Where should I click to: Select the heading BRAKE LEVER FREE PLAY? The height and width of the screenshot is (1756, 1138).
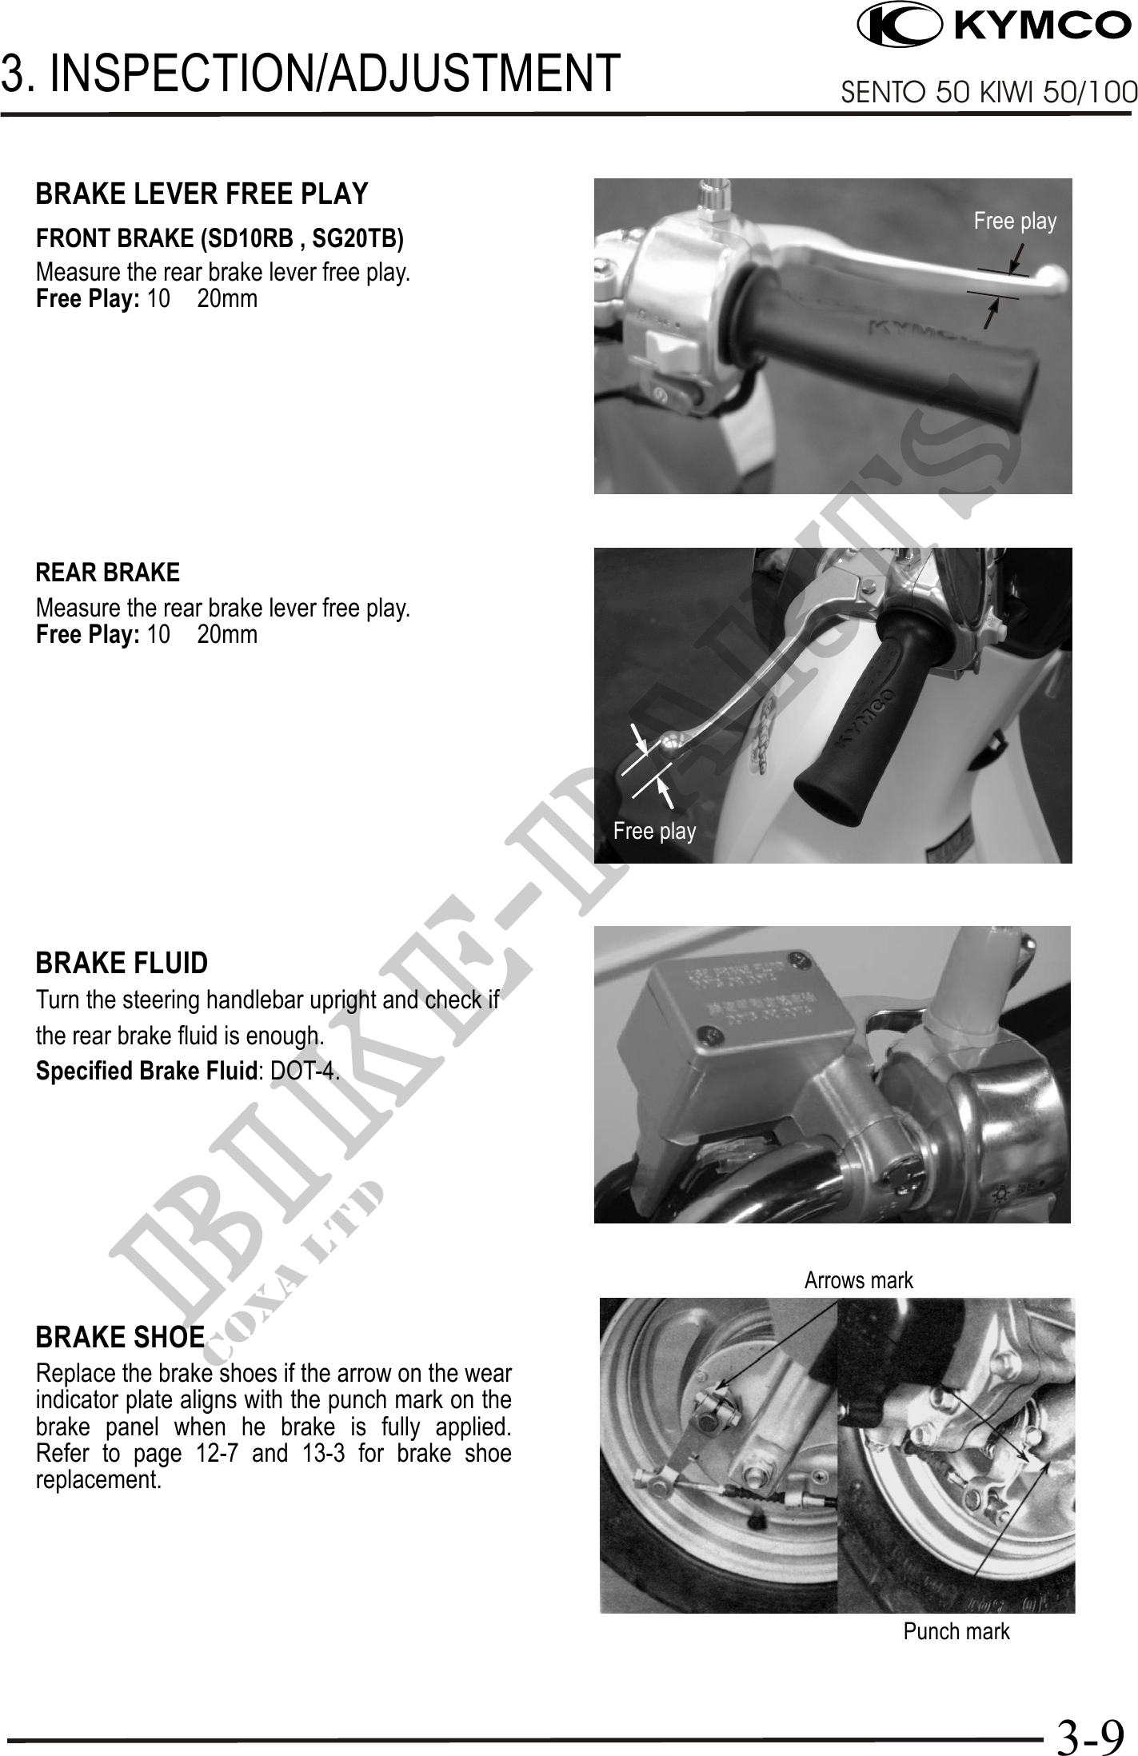(202, 194)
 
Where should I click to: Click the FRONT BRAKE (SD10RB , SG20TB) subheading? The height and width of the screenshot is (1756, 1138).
(220, 238)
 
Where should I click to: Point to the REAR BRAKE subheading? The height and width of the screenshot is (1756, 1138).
(108, 573)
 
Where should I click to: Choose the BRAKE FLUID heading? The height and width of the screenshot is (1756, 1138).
(122, 964)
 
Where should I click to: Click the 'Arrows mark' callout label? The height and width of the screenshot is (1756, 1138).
(858, 1280)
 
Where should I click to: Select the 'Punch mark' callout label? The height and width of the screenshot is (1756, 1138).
(956, 1630)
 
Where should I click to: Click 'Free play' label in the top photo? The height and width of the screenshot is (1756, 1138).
(1015, 221)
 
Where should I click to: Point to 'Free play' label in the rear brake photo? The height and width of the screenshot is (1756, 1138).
(654, 831)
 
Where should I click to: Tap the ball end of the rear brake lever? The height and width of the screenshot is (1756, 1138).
(671, 744)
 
